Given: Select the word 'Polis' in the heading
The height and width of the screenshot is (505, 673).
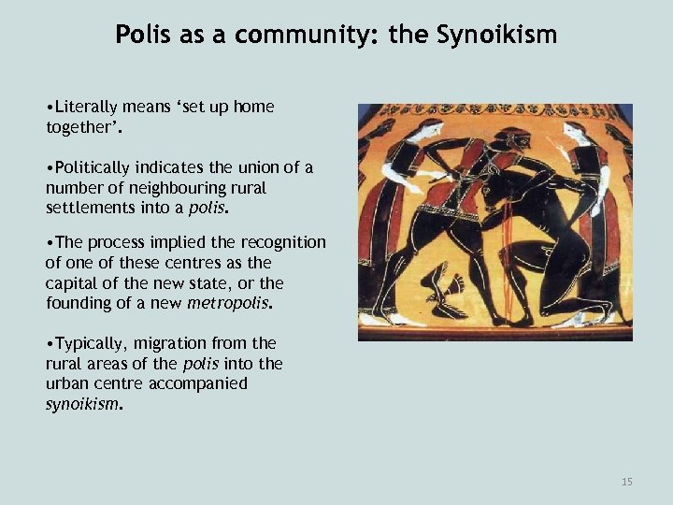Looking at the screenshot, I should (x=141, y=36).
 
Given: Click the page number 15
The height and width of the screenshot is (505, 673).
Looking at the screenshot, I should (x=626, y=482).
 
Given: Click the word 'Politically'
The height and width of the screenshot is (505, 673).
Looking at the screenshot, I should (x=96, y=167).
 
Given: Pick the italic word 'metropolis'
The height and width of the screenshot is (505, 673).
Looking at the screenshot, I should (x=230, y=303).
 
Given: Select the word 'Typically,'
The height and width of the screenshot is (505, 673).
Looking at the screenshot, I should (x=93, y=343).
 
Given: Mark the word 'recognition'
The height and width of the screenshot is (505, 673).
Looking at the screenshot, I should (x=277, y=242).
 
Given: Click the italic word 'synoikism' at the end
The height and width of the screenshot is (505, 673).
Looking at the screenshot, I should (x=82, y=404).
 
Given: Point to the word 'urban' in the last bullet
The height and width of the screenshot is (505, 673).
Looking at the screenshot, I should (x=69, y=383).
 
